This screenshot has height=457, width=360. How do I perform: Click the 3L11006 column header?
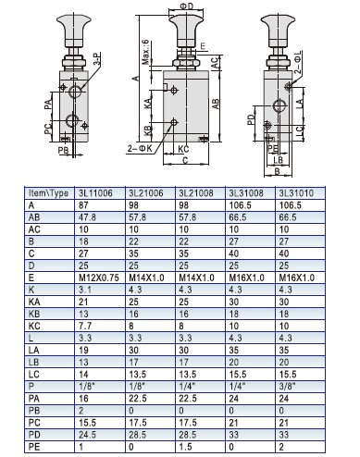coord(95,193)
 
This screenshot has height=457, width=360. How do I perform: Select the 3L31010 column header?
coord(296,193)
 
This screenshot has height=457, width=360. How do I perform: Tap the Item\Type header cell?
coord(48,193)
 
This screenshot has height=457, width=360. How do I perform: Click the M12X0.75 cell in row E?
coord(99,278)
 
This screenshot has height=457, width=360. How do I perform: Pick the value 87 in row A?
coord(83,205)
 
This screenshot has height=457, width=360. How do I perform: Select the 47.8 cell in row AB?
coord(87,217)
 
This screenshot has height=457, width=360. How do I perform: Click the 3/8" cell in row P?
coord(288,386)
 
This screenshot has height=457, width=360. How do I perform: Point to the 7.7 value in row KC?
coord(85,326)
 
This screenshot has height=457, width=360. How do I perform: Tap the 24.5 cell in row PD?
coord(87,435)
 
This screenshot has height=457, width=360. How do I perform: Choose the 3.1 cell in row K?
coord(85,290)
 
